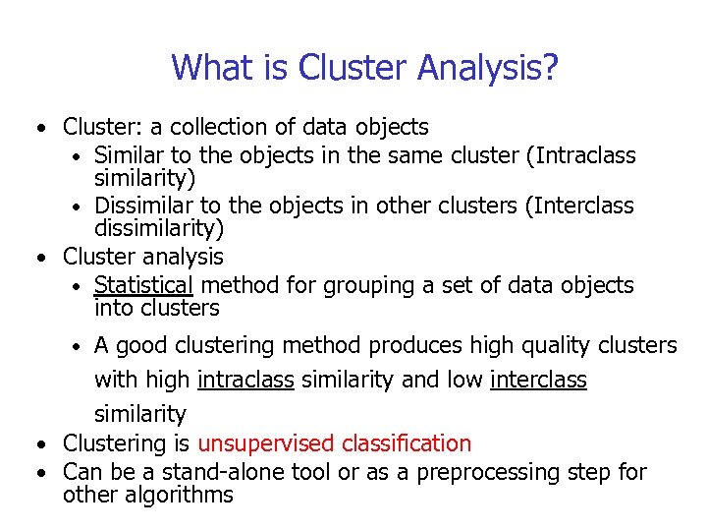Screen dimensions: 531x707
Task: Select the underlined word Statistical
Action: click(143, 285)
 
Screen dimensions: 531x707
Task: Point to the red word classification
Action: click(403, 443)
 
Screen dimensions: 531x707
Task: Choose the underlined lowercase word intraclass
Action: click(245, 381)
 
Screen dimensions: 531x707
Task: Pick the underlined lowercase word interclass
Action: click(538, 381)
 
